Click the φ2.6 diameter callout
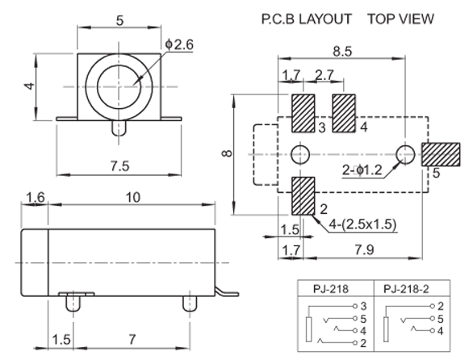(x=179, y=44)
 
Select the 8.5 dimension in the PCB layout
(x=342, y=52)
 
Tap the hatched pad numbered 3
(x=303, y=113)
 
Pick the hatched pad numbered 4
(x=344, y=113)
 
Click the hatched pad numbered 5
(x=441, y=154)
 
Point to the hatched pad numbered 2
(x=303, y=196)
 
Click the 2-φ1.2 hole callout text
(x=362, y=170)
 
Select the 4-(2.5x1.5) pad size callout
(x=362, y=224)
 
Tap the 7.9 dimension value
(x=364, y=250)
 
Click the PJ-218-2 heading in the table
(x=406, y=289)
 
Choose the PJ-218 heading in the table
(x=331, y=289)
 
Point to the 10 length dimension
(x=132, y=197)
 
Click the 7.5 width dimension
(x=119, y=166)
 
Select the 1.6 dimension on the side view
(x=36, y=198)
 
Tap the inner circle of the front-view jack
(x=119, y=86)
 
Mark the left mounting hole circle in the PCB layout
(x=300, y=154)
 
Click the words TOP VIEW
(x=401, y=19)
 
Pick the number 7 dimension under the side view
(x=132, y=340)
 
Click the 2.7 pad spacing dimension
(x=324, y=75)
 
